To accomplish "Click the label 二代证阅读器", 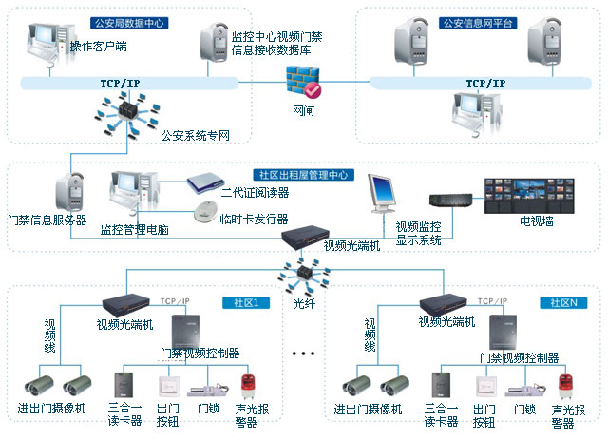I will tap(254, 193).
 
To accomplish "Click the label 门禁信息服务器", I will tap(47, 220).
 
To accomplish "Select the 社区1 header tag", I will tap(259, 302).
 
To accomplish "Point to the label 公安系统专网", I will tap(197, 136).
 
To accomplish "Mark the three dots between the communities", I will tap(303, 354).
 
